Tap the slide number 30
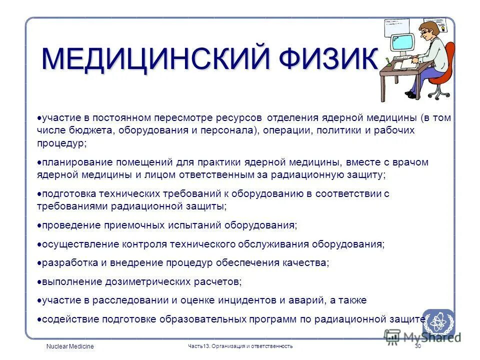[418, 346]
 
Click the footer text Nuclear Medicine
[69, 346]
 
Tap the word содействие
[69, 318]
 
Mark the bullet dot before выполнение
[39, 281]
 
